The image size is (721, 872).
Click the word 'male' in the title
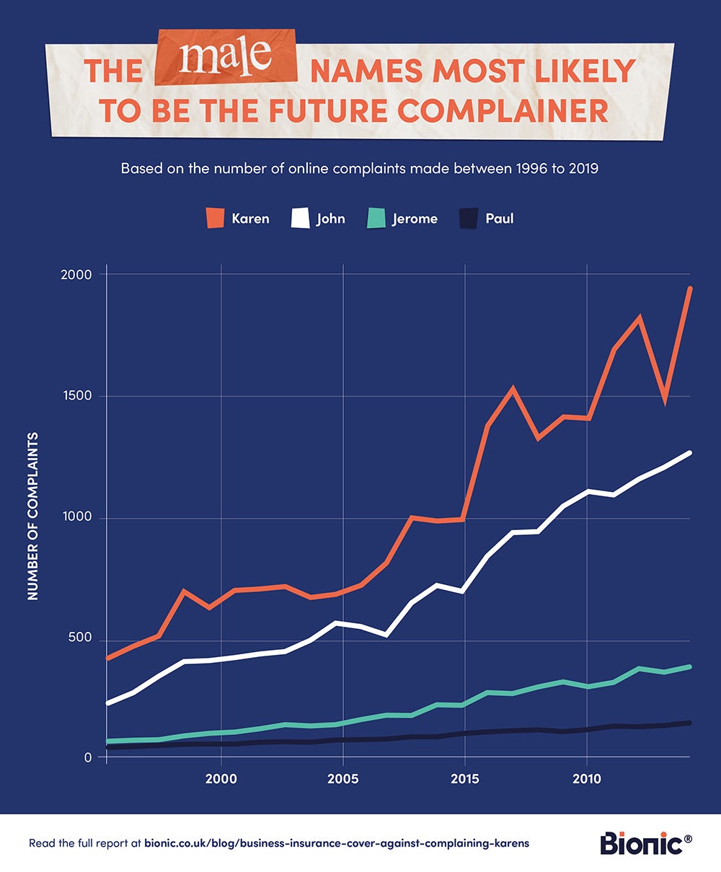click(x=226, y=58)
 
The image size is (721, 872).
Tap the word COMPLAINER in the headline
click(x=501, y=110)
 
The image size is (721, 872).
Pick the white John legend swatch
click(x=300, y=218)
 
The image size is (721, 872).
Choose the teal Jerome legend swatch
click(x=376, y=218)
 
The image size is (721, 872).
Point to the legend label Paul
click(x=500, y=218)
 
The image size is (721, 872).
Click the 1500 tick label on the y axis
click(x=76, y=396)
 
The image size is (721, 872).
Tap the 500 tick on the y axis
click(x=81, y=638)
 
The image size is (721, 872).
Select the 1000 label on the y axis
click(x=76, y=517)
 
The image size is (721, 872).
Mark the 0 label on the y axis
click(x=88, y=757)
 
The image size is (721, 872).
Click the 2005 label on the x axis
click(x=342, y=779)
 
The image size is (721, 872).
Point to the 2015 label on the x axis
click(x=464, y=779)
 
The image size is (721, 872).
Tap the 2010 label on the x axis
click(x=586, y=779)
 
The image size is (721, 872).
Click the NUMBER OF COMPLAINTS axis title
click(x=32, y=516)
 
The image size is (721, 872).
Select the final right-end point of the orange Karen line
click(x=690, y=289)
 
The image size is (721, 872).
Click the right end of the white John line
click(x=690, y=452)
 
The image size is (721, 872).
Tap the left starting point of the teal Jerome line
click(x=107, y=741)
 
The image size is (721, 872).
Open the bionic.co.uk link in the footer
click(x=336, y=843)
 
